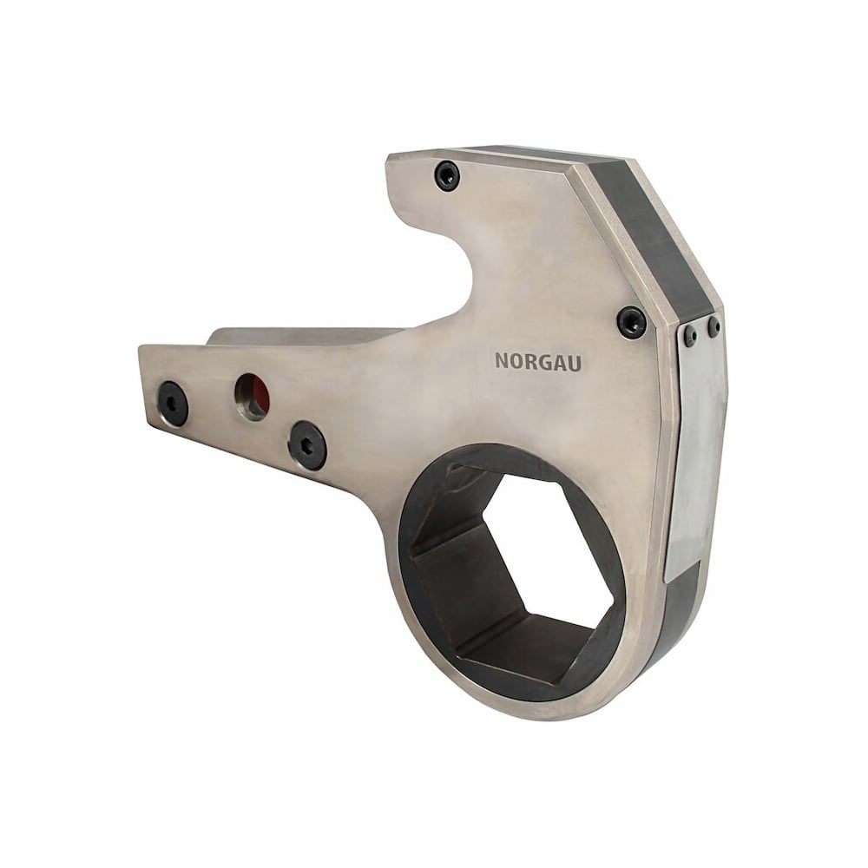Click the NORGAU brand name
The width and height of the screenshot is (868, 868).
click(x=538, y=361)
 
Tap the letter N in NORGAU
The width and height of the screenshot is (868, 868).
click(x=502, y=360)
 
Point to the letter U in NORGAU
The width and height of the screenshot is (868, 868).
click(x=574, y=363)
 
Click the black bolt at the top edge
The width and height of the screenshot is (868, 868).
click(x=447, y=176)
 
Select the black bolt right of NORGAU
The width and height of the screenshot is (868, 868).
click(x=632, y=323)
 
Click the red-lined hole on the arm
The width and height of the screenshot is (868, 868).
click(x=253, y=397)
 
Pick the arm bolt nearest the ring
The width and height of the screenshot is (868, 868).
click(x=308, y=445)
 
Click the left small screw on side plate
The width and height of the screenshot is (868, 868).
click(x=690, y=335)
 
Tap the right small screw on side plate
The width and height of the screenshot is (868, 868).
click(x=714, y=326)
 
